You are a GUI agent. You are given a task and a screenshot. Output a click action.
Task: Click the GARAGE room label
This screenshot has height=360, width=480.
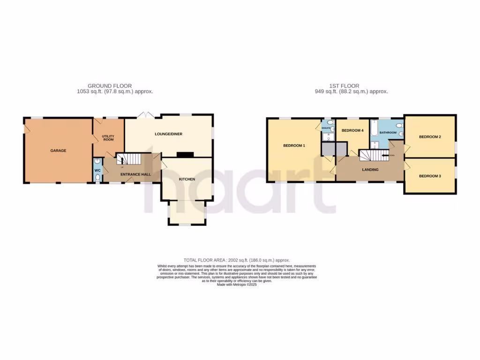[59, 151]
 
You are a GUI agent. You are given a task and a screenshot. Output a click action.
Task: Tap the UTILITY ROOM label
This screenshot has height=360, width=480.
[108, 138]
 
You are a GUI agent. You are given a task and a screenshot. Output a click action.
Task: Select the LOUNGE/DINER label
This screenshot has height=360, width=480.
[168, 134]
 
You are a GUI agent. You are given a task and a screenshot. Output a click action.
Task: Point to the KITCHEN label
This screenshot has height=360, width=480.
[187, 179]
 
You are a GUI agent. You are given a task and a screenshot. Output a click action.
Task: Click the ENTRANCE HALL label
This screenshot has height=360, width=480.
[135, 174]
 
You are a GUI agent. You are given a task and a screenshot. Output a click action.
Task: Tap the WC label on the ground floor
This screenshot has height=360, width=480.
[97, 171]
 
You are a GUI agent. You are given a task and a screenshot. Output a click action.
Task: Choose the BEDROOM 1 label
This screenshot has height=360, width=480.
[294, 146]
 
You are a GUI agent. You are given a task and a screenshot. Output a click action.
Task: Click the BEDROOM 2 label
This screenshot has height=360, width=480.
[430, 137]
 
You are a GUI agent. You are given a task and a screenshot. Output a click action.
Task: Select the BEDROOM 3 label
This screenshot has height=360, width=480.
[430, 176]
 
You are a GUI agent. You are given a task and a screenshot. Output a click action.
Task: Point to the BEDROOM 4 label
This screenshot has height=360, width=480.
[352, 130]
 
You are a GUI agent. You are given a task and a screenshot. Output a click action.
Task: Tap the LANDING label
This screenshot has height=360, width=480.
[370, 170]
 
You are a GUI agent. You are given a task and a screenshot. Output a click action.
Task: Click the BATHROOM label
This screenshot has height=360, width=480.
[388, 133]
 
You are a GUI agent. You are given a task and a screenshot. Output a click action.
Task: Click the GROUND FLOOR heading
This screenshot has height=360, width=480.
[110, 86]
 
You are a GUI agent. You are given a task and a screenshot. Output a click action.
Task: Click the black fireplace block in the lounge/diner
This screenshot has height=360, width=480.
[184, 154]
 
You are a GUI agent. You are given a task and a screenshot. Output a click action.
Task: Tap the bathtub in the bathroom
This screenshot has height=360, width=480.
[374, 128]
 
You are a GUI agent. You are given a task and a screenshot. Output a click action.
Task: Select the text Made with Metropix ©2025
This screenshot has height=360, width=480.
[237, 285]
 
